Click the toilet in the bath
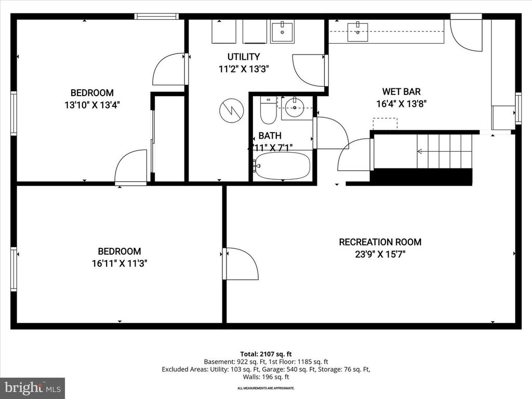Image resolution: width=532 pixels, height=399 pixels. coord(268,110)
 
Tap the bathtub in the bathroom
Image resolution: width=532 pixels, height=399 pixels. coord(283,166)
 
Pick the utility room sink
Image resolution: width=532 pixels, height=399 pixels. coord(282,31)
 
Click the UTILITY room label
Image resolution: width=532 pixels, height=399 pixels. coord(243,57)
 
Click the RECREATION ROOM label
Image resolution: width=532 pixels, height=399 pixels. coord(380,242)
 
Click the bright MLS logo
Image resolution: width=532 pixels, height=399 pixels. coord(32,388)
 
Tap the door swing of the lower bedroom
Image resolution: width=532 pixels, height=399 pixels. coord(241,263)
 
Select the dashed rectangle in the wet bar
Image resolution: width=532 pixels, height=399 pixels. coord(385,124)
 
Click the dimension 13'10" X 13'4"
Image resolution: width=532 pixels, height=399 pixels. coord(92,105)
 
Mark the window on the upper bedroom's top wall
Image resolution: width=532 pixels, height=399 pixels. coord(156,17)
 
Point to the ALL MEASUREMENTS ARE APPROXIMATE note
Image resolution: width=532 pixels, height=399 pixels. coord(266,388)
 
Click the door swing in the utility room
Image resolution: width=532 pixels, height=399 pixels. coord(310,70)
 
